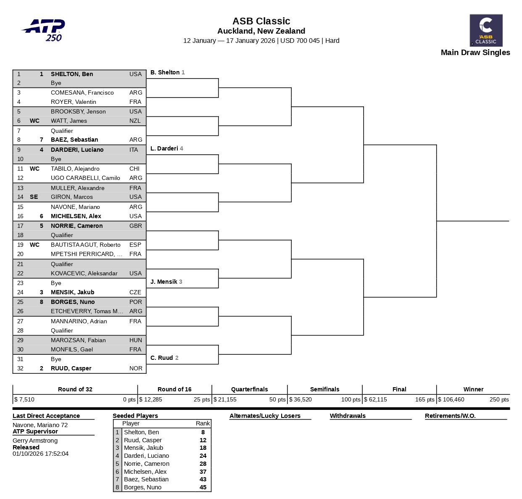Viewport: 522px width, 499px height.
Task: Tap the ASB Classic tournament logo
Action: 486,30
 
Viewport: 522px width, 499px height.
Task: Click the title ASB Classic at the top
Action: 261,21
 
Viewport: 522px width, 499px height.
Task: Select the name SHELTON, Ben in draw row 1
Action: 72,74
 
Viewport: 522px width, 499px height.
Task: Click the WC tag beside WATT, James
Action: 34,121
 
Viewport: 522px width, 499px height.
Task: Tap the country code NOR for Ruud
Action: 136,368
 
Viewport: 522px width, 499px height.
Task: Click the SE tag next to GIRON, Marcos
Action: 34,197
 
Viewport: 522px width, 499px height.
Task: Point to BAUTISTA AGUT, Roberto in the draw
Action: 85,245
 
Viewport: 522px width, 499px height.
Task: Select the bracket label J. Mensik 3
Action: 166,282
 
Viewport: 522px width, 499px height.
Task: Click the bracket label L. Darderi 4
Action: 166,148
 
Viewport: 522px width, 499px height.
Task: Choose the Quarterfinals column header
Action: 249,389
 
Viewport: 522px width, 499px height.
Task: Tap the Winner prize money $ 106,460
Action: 451,399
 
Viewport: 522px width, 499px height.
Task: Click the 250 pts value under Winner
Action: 499,399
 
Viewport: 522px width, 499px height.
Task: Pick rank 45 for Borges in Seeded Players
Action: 203,487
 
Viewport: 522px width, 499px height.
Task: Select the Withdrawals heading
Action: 348,416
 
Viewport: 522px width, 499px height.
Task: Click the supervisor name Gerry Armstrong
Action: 35,441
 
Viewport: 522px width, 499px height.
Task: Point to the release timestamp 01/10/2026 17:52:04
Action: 40,454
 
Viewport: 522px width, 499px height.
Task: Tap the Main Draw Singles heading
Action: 475,53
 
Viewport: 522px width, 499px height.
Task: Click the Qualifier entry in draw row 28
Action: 62,330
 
